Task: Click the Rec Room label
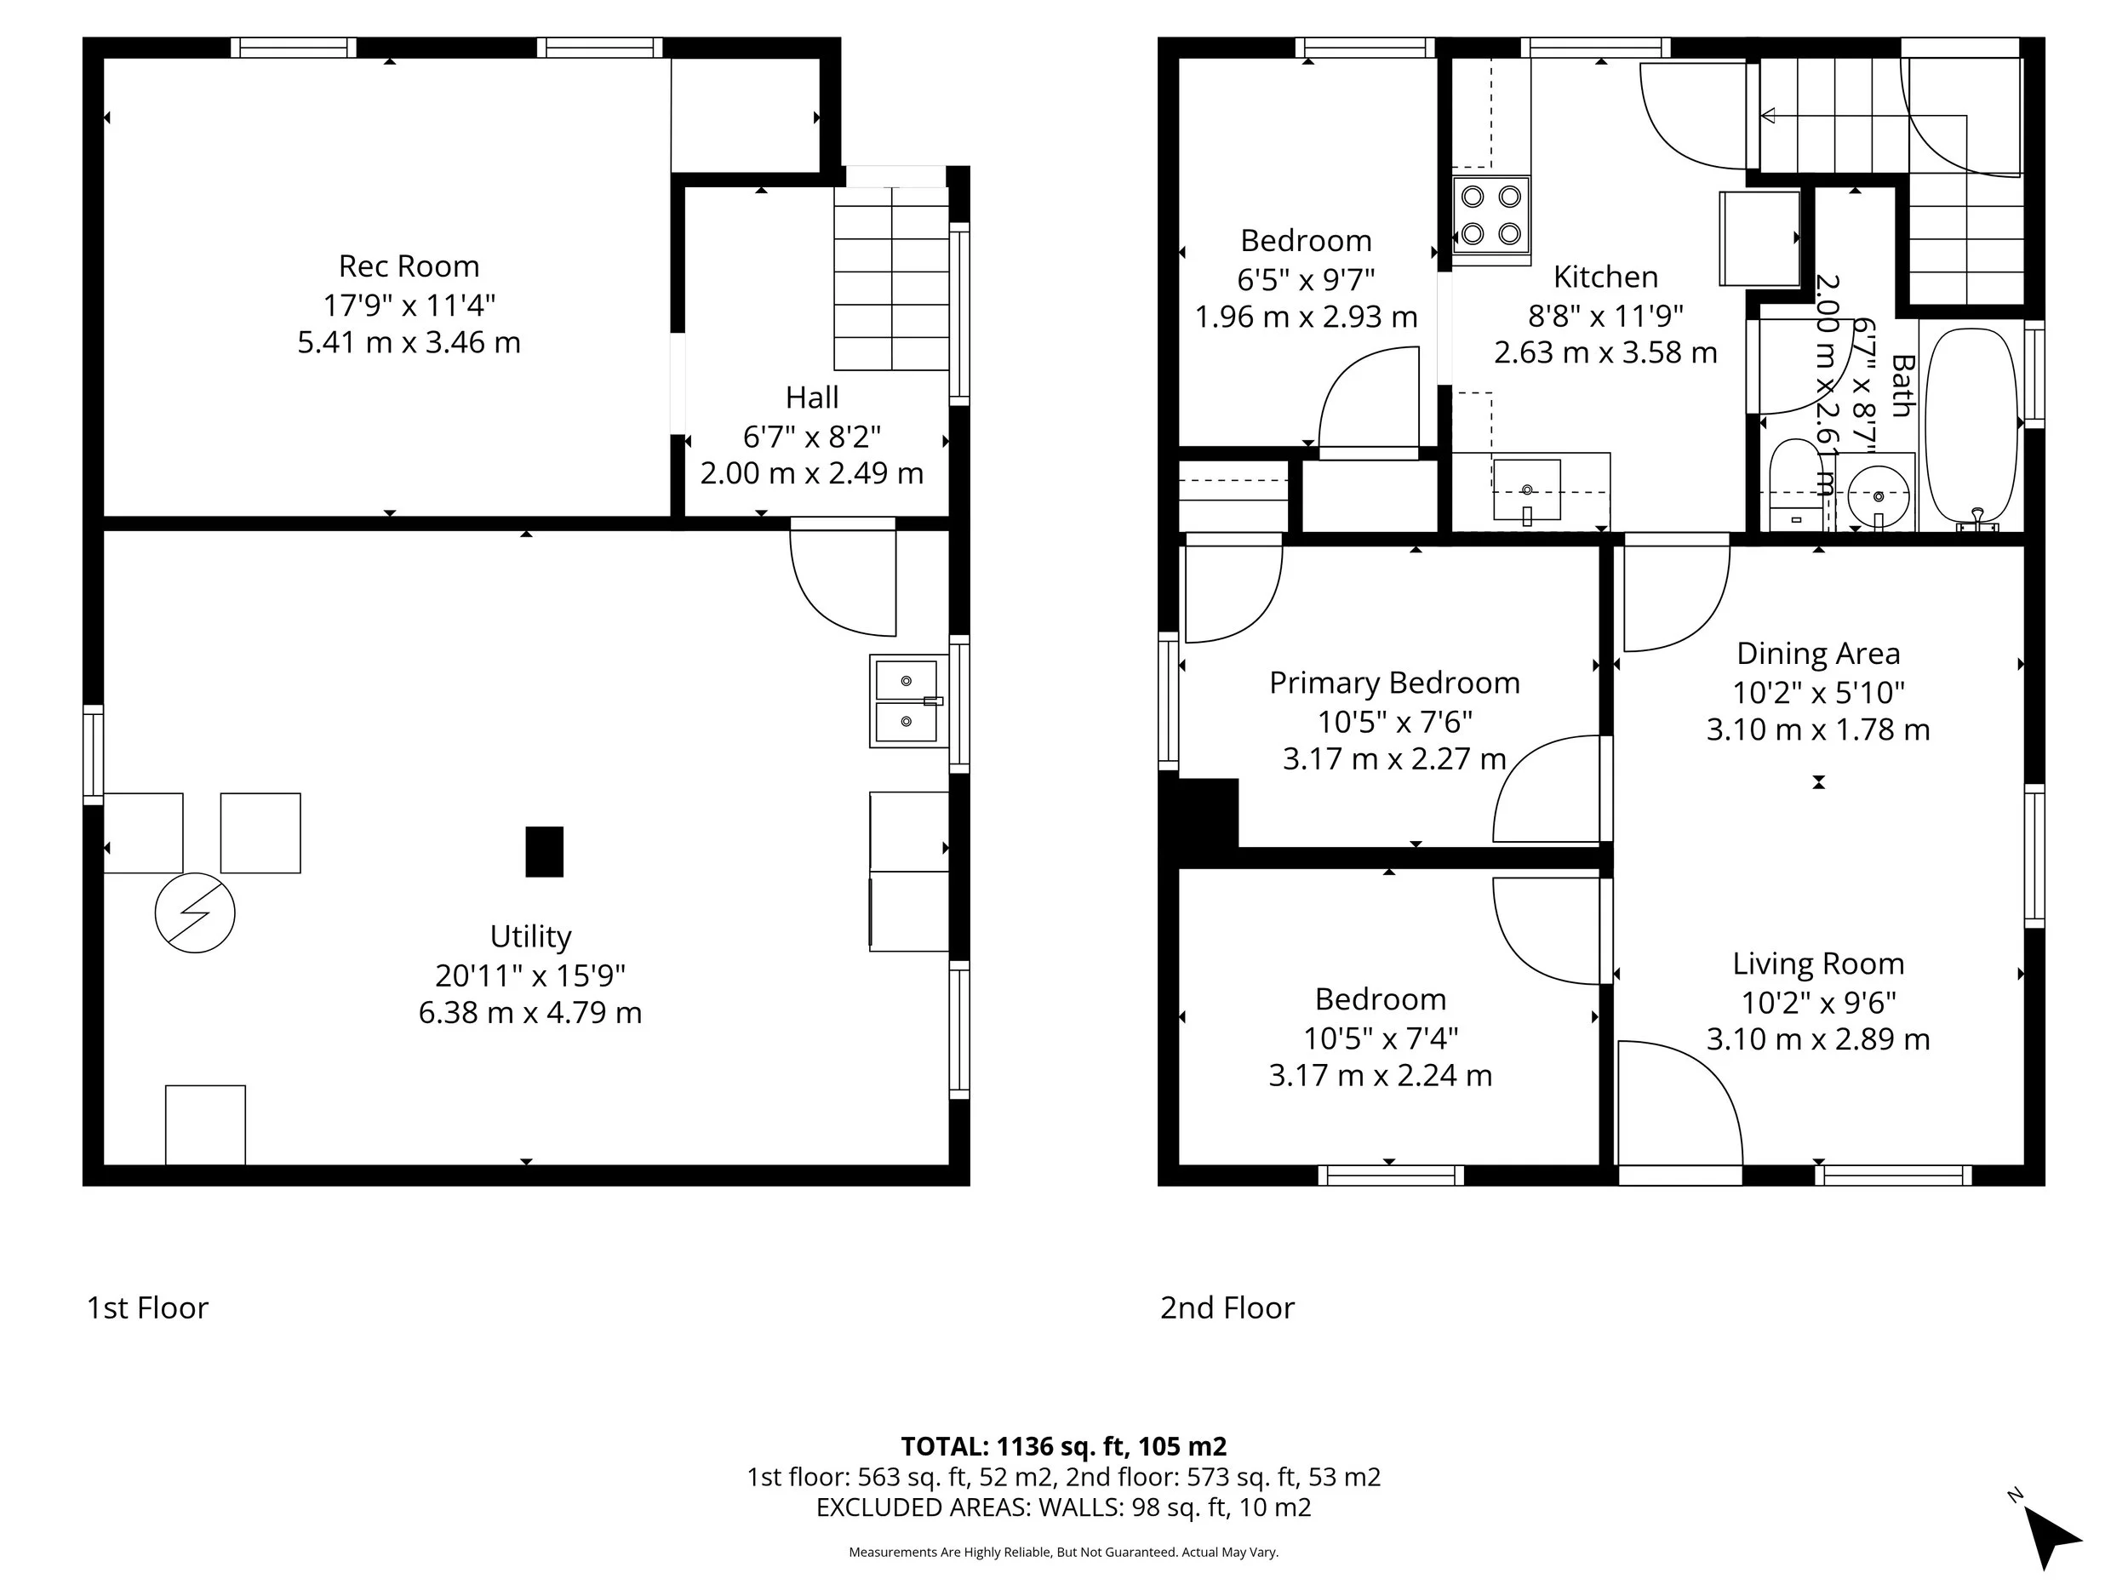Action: click(x=409, y=266)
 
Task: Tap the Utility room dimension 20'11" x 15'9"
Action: click(x=530, y=975)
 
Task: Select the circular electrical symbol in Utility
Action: click(x=195, y=913)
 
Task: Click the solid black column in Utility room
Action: click(x=544, y=851)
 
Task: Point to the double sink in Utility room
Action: click(x=907, y=701)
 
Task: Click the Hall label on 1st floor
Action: click(x=811, y=398)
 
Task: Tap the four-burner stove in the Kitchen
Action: click(x=1490, y=215)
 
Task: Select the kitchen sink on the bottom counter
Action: click(x=1527, y=489)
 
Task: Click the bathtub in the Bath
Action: click(x=1972, y=426)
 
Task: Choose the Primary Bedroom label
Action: click(x=1394, y=683)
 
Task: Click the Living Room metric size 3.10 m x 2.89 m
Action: click(x=1818, y=1039)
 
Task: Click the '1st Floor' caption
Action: click(x=147, y=1307)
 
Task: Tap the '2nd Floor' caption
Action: click(x=1227, y=1307)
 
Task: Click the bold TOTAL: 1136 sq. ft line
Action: click(x=1063, y=1446)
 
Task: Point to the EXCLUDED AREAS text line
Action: click(x=1063, y=1507)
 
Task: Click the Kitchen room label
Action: click(x=1605, y=277)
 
